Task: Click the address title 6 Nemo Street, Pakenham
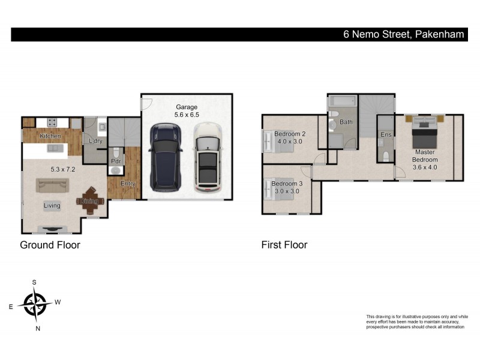[403, 35]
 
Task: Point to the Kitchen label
[50, 136]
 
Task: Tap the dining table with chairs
[90, 202]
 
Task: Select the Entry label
[127, 184]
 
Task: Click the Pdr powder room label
[116, 161]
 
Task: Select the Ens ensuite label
[386, 134]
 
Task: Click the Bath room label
[346, 122]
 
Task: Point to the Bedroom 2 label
[290, 134]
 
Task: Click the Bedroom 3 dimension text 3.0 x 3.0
[286, 191]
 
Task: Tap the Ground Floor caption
[50, 245]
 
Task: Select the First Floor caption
[284, 245]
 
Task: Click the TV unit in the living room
[52, 227]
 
